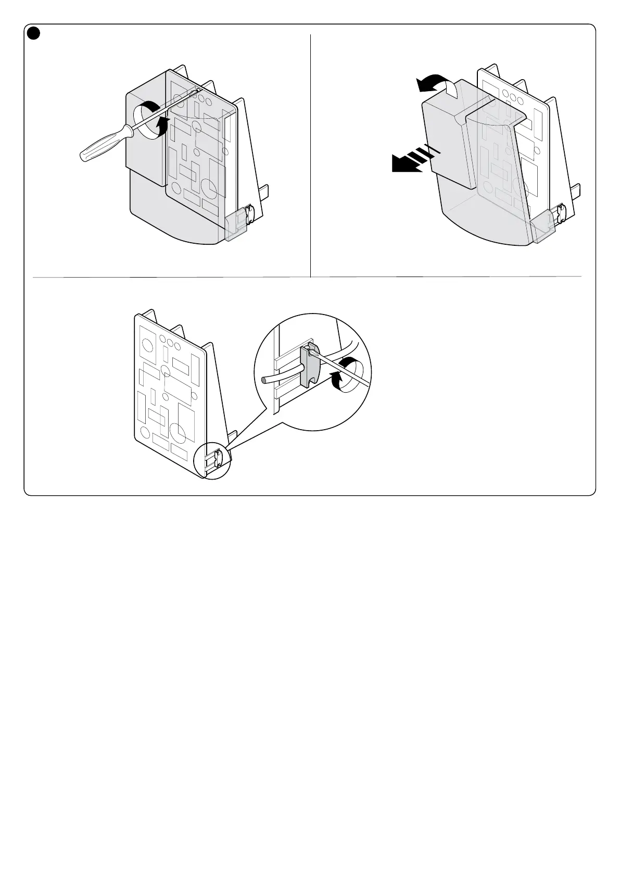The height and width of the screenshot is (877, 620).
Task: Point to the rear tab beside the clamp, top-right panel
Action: (x=578, y=193)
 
